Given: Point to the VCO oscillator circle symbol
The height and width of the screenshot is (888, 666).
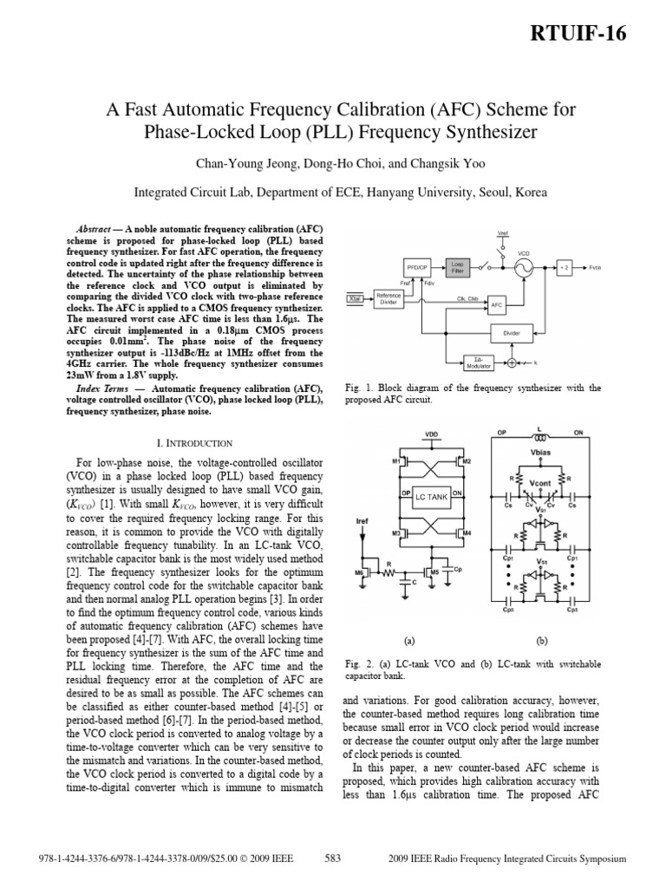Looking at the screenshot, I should point(524,268).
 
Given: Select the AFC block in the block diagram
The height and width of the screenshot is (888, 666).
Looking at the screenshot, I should point(496,305).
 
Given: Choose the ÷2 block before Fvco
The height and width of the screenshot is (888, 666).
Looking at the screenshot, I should point(565,268).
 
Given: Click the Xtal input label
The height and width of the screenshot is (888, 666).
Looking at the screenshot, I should point(355,297).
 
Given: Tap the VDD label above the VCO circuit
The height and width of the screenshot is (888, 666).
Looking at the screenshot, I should point(431,433).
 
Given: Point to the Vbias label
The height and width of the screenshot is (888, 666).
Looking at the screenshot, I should point(541,451).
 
